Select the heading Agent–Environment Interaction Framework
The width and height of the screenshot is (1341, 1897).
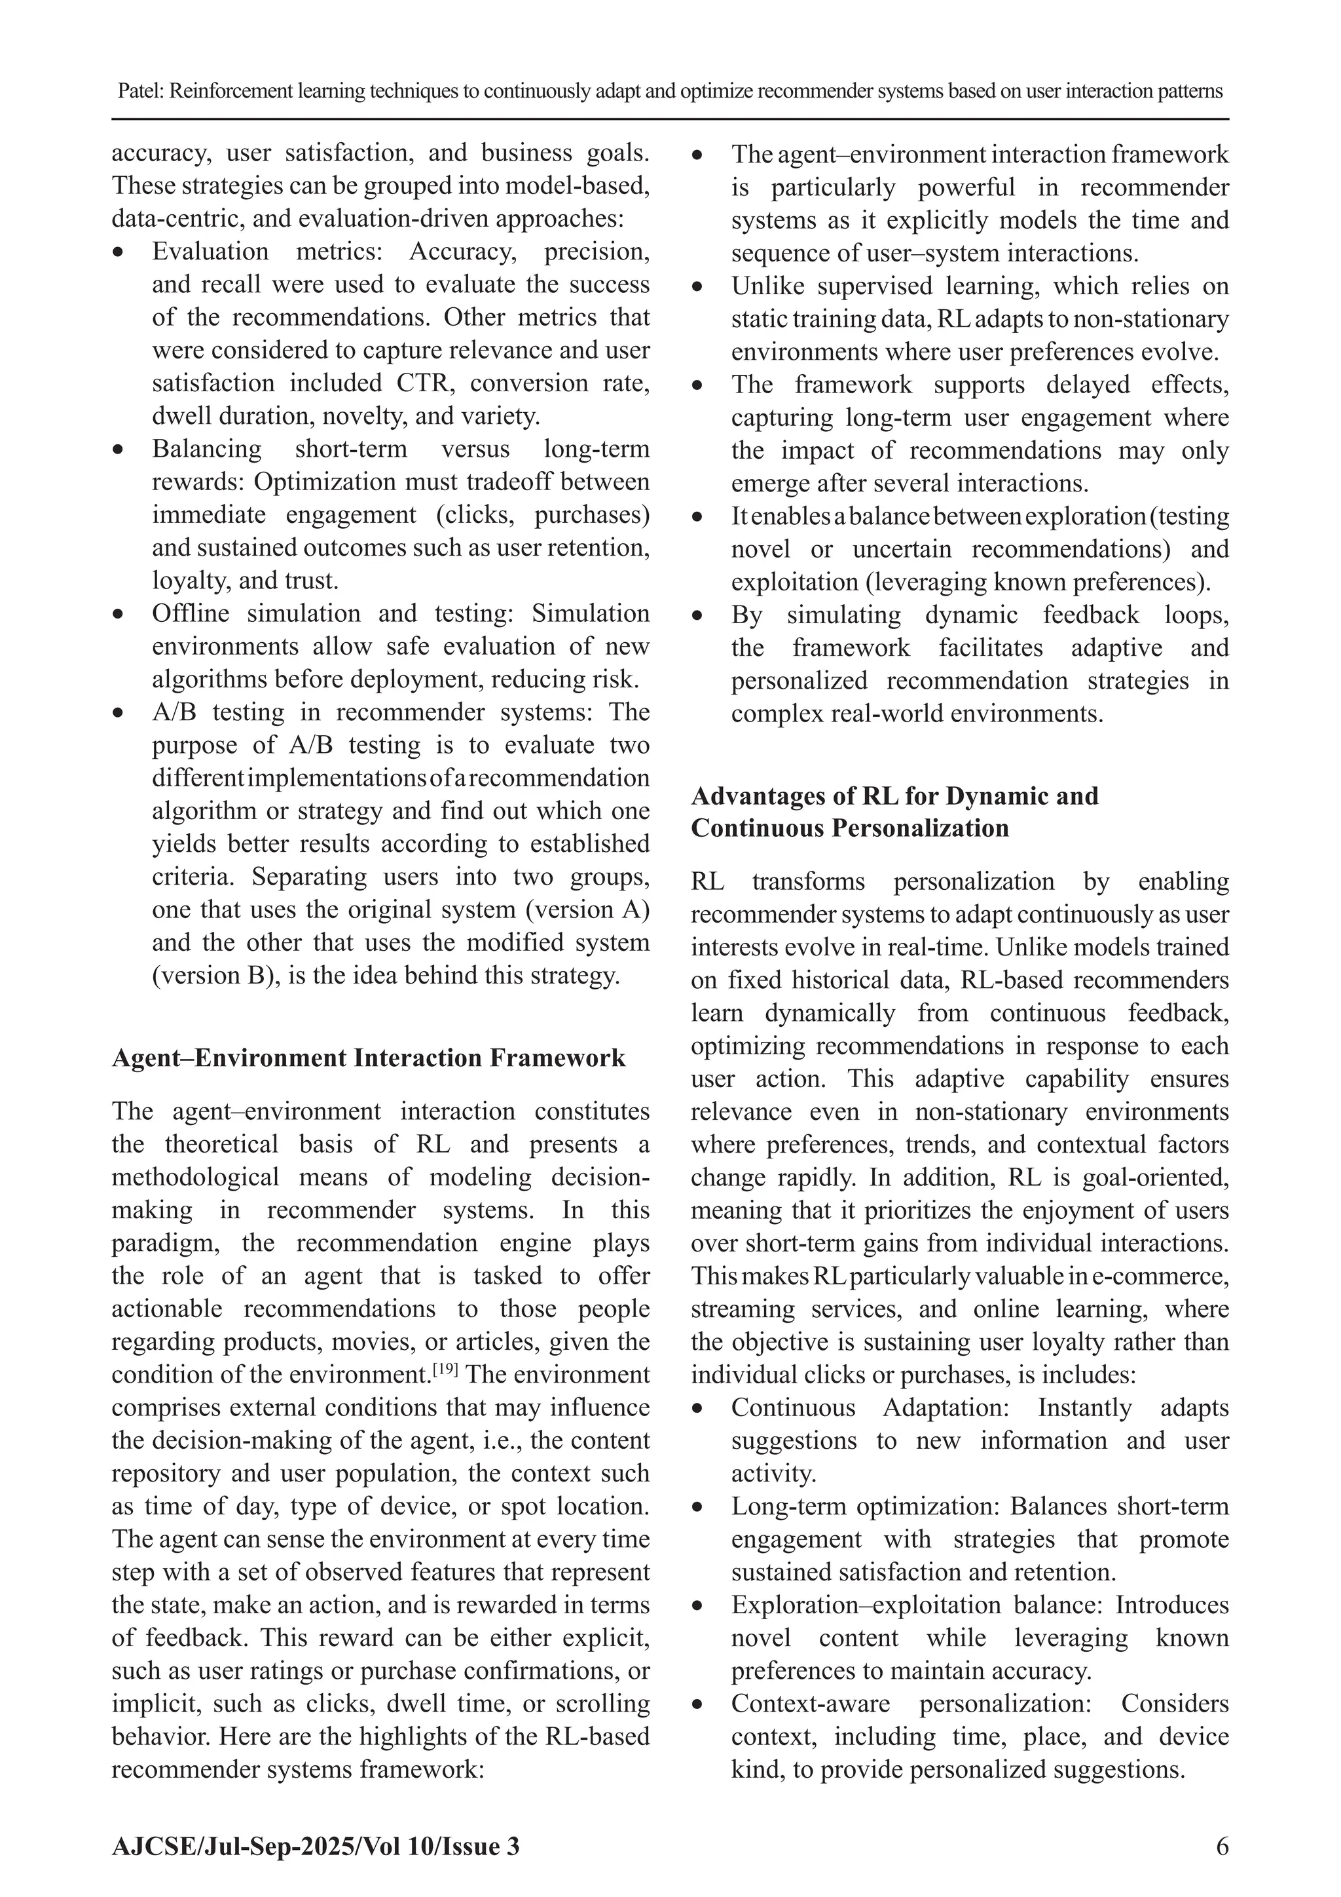click(368, 1058)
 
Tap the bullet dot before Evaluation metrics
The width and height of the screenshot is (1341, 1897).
click(120, 252)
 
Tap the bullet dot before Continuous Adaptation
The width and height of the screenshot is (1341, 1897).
click(699, 1409)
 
